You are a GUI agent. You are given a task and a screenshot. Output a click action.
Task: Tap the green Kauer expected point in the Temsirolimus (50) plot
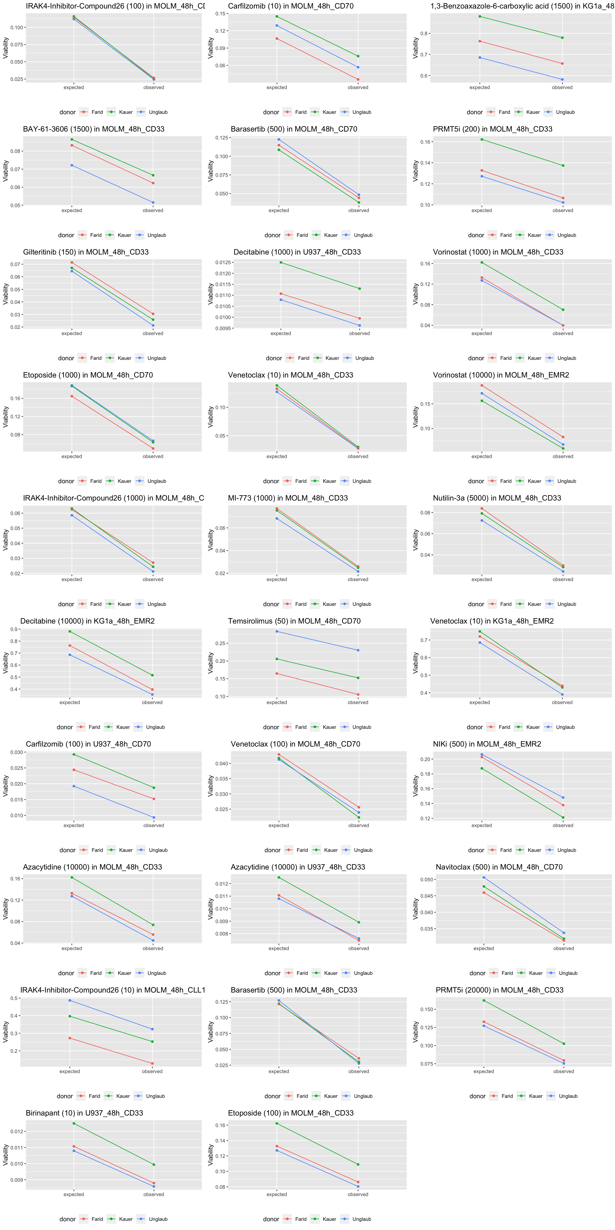(x=277, y=659)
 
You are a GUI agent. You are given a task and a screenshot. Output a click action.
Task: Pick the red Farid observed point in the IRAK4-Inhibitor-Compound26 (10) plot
(x=152, y=1063)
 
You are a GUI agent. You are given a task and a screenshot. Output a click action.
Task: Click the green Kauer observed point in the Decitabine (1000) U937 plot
(x=360, y=288)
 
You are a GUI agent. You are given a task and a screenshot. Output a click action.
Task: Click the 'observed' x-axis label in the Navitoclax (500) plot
(x=564, y=948)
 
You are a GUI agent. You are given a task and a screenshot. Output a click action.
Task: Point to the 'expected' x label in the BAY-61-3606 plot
(x=72, y=211)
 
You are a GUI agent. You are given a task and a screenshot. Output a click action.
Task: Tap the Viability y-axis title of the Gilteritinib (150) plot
(x=6, y=294)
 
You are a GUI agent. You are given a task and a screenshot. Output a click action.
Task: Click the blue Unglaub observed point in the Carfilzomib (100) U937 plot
(x=154, y=817)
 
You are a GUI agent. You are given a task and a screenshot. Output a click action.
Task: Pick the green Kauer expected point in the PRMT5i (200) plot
(x=482, y=139)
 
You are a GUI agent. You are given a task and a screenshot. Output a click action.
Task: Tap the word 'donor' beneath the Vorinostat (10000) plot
(x=476, y=481)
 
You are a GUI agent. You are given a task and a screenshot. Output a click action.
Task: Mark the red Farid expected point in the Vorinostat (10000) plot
(x=482, y=385)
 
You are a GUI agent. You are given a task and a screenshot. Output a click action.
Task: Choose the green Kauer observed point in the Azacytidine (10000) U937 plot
(x=359, y=922)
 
